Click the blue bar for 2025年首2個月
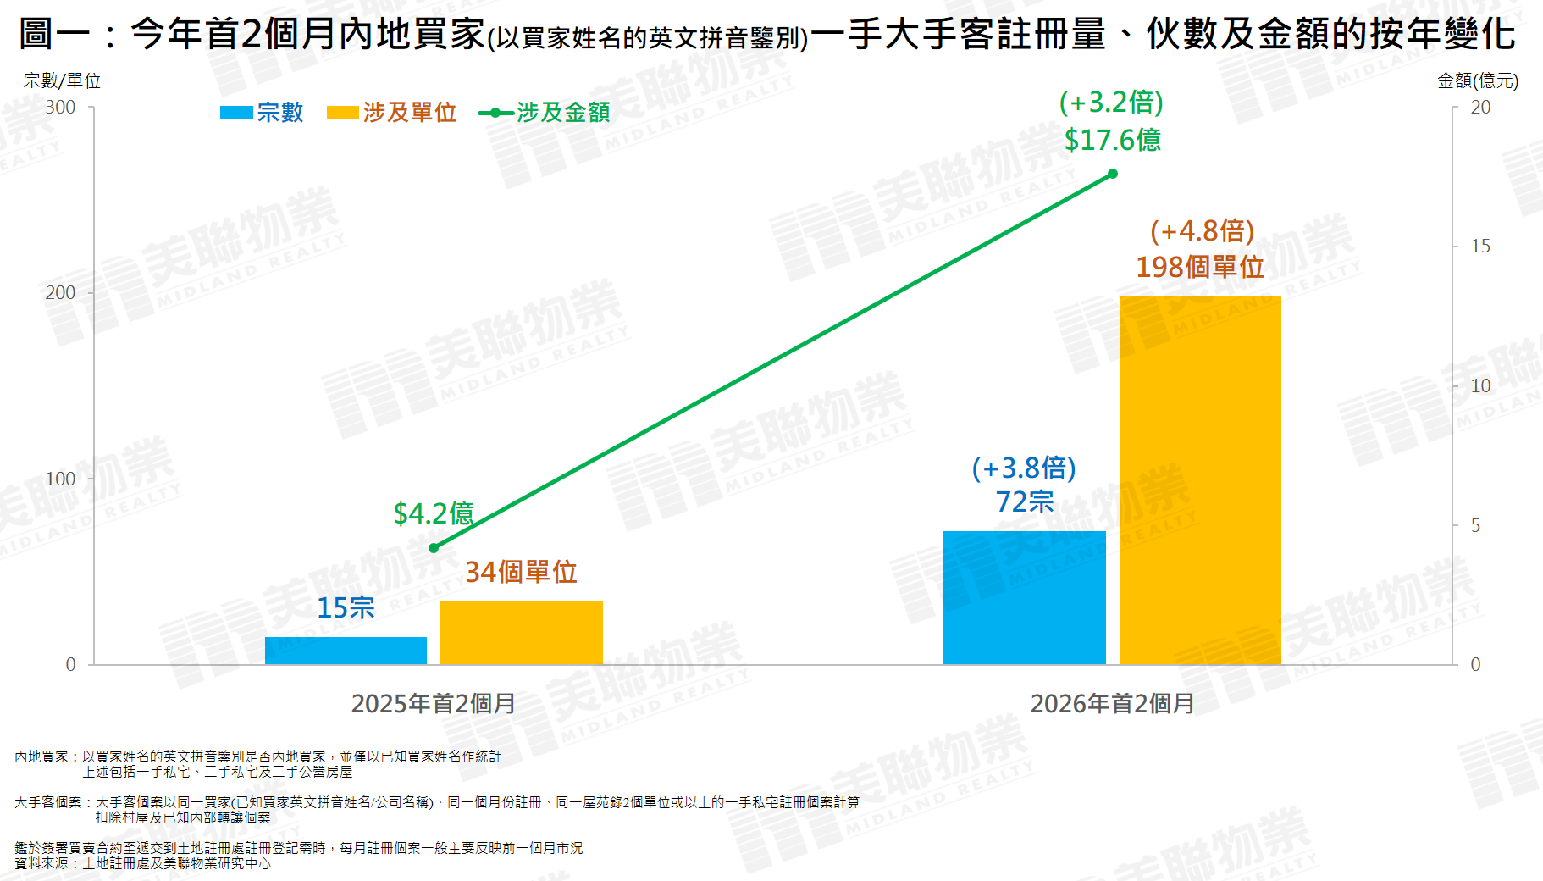pos(346,651)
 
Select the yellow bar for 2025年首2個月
pos(521,633)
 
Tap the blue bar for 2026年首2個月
pos(1024,597)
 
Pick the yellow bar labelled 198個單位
pos(1200,480)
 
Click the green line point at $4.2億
pos(434,548)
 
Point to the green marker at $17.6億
pos(1113,174)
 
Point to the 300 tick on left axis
pos(61,108)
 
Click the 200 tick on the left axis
pos(61,293)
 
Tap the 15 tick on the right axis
pos(1480,247)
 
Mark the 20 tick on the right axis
pos(1480,108)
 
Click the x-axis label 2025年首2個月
pos(434,703)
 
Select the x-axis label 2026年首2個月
pos(1112,703)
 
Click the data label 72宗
pos(1025,501)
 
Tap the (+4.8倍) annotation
pos(1202,230)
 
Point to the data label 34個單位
pos(521,572)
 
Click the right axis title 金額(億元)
pos(1478,80)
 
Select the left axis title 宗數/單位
pos(62,80)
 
